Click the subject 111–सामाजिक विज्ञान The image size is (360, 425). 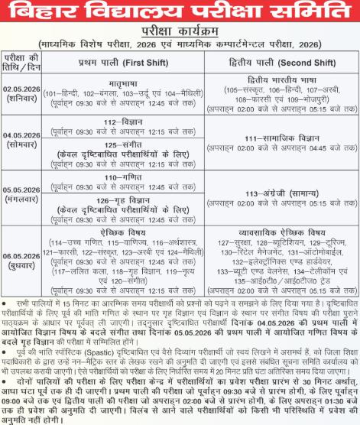(x=275, y=138)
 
